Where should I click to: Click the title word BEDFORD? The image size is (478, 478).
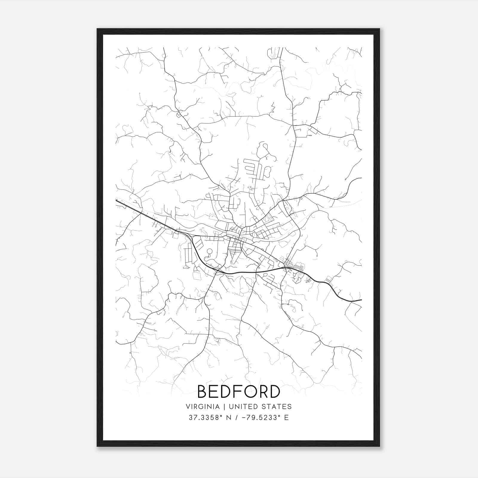pyautogui.click(x=239, y=392)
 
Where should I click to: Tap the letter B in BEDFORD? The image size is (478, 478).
pyautogui.click(x=203, y=392)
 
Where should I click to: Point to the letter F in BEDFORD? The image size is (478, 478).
pyautogui.click(x=238, y=392)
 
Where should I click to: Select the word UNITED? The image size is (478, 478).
pyautogui.click(x=243, y=407)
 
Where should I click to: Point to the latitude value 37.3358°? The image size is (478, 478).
pyautogui.click(x=206, y=418)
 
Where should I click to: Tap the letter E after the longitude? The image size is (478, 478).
pyautogui.click(x=287, y=418)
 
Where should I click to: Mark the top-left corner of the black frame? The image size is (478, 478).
pyautogui.click(x=97, y=29)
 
